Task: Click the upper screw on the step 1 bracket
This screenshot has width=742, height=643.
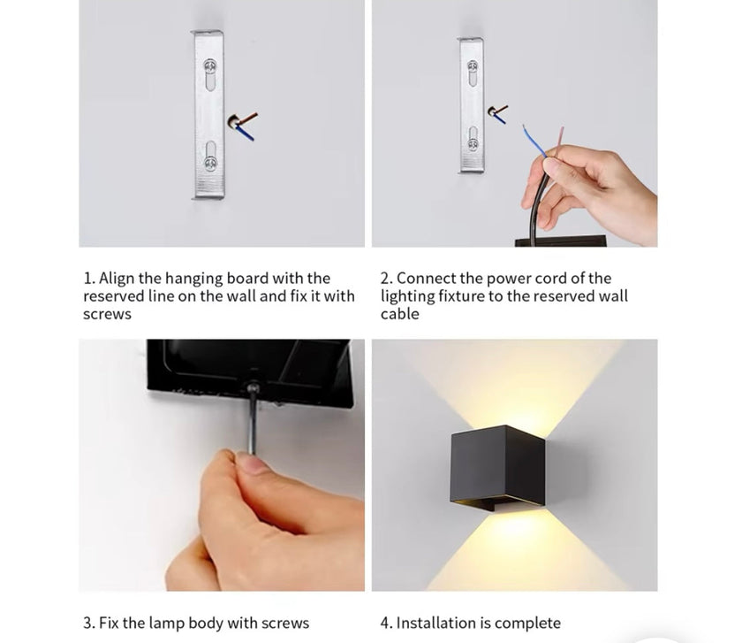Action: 210,66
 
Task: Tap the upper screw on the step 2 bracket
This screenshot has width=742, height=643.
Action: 473,66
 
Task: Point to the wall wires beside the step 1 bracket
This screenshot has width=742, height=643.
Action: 242,124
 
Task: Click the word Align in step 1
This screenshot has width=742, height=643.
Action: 117,279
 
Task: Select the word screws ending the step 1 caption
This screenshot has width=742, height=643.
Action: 107,314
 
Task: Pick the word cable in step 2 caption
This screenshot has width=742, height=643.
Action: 400,314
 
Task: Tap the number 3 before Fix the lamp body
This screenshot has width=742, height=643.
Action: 87,623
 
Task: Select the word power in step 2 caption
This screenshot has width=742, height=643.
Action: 509,279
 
